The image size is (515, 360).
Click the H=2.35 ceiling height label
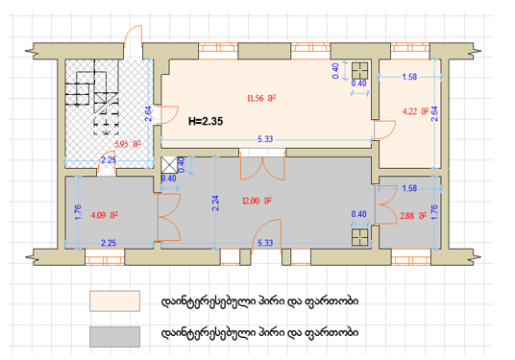click(x=206, y=121)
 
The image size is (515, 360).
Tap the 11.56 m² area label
click(x=261, y=98)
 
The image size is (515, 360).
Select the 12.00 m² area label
click(x=257, y=201)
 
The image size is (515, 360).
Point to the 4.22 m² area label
click(x=416, y=111)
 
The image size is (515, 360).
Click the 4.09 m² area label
click(x=105, y=215)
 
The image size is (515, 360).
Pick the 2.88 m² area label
click(x=413, y=216)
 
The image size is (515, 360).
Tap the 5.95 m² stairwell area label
click(x=128, y=144)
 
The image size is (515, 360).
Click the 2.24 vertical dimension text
click(x=215, y=203)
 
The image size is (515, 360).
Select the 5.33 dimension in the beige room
click(x=265, y=139)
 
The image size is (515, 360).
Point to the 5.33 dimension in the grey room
click(x=265, y=243)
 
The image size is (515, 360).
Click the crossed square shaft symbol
click(x=169, y=165)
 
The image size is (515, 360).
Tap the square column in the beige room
click(x=360, y=70)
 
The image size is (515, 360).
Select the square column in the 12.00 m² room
click(x=360, y=237)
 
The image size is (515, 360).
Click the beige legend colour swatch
click(x=114, y=300)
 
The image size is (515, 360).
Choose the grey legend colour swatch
click(x=114, y=336)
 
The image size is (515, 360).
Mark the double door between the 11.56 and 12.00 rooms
click(x=262, y=167)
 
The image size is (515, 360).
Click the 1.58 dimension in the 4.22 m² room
click(x=409, y=77)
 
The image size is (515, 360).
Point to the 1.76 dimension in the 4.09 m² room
click(x=78, y=212)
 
